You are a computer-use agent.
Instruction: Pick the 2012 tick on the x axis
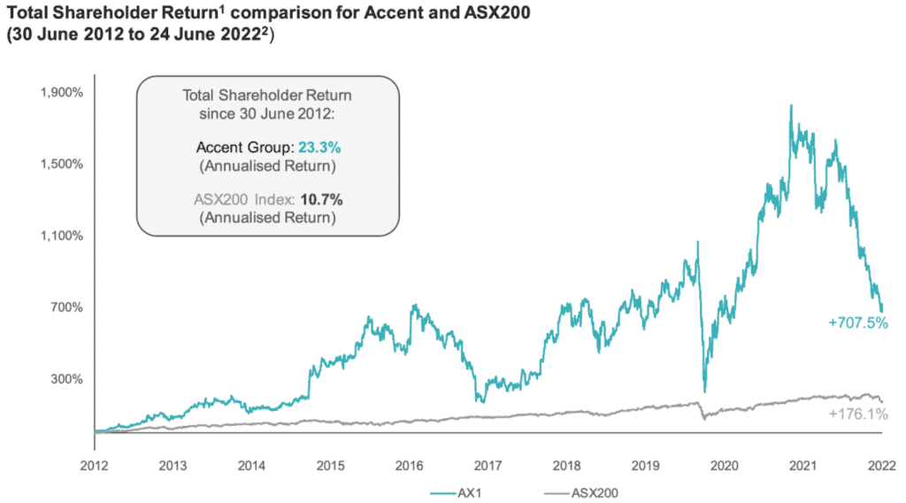tap(95, 464)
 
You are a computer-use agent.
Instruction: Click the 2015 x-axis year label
tap(331, 464)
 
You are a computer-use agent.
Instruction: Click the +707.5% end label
tap(857, 323)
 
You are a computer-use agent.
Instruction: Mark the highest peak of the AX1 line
tap(789, 105)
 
